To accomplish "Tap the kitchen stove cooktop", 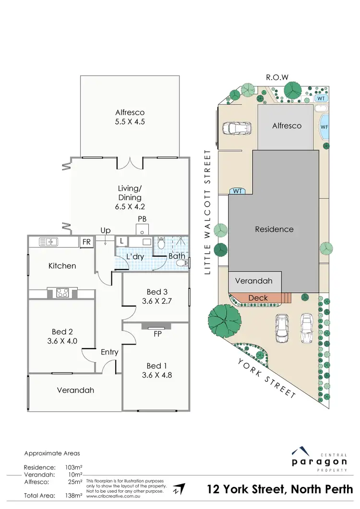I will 62,292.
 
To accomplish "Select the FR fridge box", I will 86,241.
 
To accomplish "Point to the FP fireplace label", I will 156,334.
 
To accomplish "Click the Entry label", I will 109,352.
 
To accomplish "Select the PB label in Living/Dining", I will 142,219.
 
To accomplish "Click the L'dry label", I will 135,257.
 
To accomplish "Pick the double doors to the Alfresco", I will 129,163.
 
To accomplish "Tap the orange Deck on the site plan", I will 258,298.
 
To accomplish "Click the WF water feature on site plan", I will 324,128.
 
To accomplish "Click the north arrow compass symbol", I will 179,489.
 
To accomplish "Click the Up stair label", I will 105,231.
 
